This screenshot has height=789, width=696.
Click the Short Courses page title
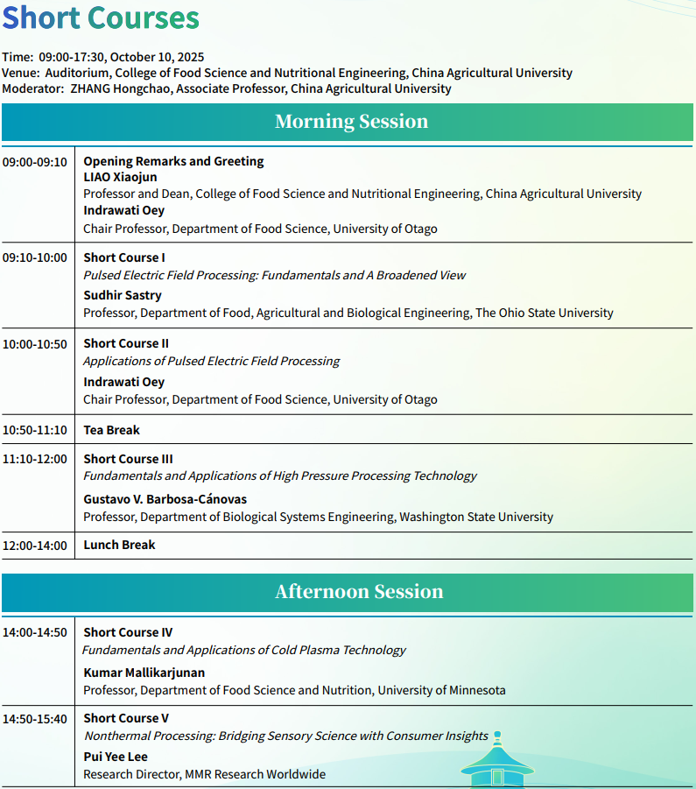pyautogui.click(x=101, y=18)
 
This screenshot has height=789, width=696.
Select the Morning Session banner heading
pyautogui.click(x=351, y=122)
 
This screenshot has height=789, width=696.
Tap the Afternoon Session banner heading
pyautogui.click(x=359, y=592)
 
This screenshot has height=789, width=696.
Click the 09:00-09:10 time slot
pyautogui.click(x=35, y=162)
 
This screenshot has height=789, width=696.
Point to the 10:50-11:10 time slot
pyautogui.click(x=35, y=430)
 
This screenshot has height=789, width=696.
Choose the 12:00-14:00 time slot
pyautogui.click(x=35, y=546)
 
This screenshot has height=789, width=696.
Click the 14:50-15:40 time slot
pyautogui.click(x=35, y=719)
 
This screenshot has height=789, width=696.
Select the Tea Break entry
pyautogui.click(x=111, y=430)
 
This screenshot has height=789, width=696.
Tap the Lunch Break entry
pyautogui.click(x=119, y=545)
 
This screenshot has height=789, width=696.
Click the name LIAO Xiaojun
pyautogui.click(x=120, y=178)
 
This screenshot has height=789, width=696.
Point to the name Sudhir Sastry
pyautogui.click(x=123, y=296)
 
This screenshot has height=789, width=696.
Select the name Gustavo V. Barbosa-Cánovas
pyautogui.click(x=165, y=499)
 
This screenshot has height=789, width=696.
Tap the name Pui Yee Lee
pyautogui.click(x=116, y=757)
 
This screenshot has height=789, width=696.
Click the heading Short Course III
pyautogui.click(x=128, y=459)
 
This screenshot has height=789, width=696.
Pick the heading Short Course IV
pyautogui.click(x=128, y=632)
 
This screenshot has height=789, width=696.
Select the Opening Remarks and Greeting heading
pyautogui.click(x=173, y=161)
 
